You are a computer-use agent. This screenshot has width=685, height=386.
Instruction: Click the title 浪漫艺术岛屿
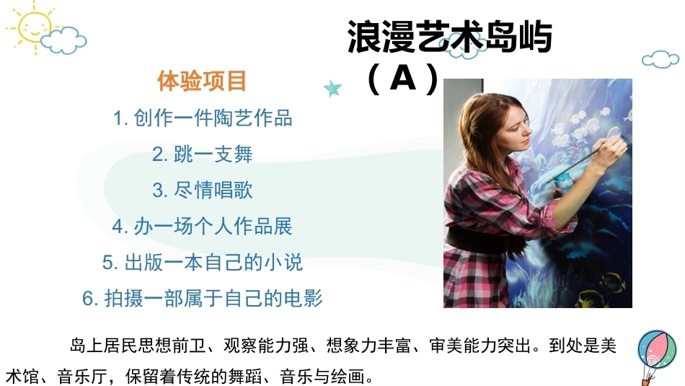point(449,38)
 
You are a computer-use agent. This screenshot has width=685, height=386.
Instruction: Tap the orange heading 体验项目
point(203,81)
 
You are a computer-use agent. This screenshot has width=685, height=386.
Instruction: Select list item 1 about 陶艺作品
point(203,118)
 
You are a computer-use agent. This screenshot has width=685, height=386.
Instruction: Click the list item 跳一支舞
point(203,154)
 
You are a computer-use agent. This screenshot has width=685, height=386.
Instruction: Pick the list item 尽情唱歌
point(203,190)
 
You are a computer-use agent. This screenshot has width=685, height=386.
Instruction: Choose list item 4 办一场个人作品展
point(203,226)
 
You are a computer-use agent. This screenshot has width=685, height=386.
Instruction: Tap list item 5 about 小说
point(203,263)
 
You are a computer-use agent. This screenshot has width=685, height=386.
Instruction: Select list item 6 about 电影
point(203,298)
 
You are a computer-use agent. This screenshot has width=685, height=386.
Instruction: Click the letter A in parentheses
point(403,78)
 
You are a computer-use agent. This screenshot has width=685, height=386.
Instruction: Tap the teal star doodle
point(333,88)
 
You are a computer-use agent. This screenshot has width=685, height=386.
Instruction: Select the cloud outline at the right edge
point(660,59)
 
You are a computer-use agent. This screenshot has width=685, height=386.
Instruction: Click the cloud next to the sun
point(64,40)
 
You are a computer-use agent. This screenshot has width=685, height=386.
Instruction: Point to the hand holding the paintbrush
point(611,151)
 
